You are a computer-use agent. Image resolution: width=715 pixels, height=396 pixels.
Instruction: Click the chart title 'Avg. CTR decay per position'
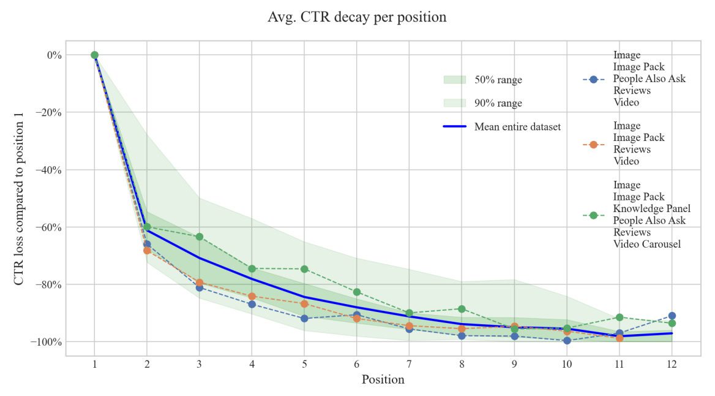point(357,17)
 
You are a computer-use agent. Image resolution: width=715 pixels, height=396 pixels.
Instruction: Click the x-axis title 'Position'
point(383,379)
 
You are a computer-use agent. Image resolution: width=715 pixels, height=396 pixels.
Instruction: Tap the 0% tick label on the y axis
point(54,55)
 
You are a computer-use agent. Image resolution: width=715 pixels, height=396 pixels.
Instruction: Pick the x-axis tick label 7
point(409,363)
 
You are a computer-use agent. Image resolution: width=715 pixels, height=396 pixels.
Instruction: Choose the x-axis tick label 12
point(672,363)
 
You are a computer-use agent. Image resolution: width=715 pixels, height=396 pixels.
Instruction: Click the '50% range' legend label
point(498,80)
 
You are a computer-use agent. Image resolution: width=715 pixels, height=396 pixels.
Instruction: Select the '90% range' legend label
point(498,103)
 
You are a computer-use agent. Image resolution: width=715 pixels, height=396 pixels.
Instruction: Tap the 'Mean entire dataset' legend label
point(517,127)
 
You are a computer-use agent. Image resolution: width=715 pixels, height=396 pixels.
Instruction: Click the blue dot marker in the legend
point(593,79)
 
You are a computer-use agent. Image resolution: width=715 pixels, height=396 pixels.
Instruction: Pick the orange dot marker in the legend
point(593,144)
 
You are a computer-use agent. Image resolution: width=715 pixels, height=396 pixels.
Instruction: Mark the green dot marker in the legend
point(593,215)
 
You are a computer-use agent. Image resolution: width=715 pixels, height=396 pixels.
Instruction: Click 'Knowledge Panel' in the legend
point(651,208)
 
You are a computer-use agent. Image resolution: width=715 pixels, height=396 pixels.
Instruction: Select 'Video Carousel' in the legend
point(648,244)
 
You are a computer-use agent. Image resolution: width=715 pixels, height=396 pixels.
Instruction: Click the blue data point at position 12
point(672,316)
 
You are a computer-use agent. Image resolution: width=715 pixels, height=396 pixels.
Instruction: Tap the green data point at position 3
point(200,237)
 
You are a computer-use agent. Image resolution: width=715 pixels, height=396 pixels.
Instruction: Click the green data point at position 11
point(620,317)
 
